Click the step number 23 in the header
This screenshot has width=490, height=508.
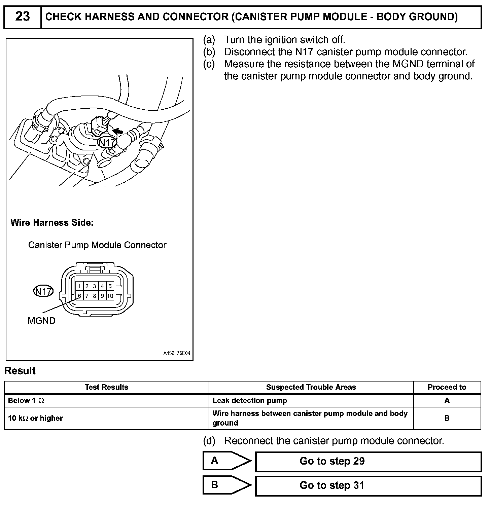point(23,16)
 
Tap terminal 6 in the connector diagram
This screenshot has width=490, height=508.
point(79,296)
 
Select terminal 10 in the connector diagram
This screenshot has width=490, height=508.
point(110,296)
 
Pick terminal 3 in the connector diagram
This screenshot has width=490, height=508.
point(95,286)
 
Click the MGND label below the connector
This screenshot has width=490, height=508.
point(41,321)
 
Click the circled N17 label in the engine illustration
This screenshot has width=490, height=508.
point(107,143)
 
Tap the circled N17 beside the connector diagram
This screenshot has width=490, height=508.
point(43,291)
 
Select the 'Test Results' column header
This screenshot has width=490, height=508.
point(106,387)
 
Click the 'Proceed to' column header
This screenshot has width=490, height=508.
point(447,387)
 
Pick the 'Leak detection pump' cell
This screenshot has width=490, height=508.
point(250,401)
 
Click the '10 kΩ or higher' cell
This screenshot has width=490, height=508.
point(35,418)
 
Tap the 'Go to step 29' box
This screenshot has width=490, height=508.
point(368,462)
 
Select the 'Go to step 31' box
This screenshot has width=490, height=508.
point(368,486)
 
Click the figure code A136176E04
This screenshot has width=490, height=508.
point(177,354)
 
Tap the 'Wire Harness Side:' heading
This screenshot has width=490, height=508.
point(52,223)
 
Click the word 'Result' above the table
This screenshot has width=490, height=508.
point(20,371)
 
